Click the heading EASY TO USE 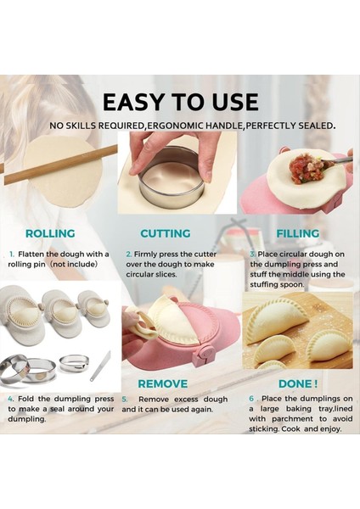point(180,102)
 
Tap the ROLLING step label point(50,233)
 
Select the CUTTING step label point(165,233)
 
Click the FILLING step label point(297,233)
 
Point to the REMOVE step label point(163,383)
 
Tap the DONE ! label point(297,383)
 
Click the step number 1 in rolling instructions point(11,254)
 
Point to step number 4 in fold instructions point(11,398)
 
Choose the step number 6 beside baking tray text point(251,398)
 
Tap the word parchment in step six point(285,418)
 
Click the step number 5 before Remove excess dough point(124,398)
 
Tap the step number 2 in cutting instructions point(128,254)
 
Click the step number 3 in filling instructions point(252,254)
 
